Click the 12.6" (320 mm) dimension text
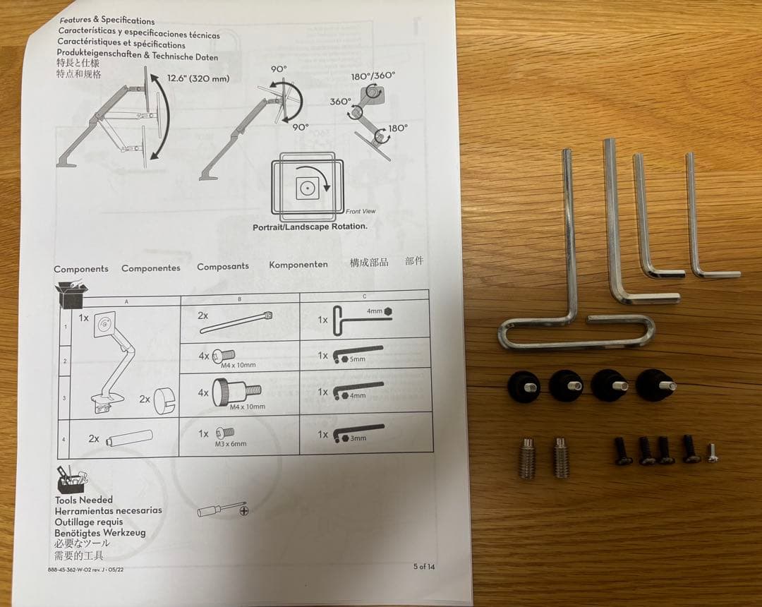click(198, 78)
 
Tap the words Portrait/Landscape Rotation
click(310, 227)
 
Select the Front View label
click(361, 211)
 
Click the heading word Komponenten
click(298, 265)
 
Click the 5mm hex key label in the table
click(358, 359)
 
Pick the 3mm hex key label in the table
click(358, 438)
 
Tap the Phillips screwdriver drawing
click(222, 509)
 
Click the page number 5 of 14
click(424, 566)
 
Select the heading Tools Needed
click(83, 500)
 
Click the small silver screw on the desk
click(712, 452)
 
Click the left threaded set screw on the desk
click(527, 457)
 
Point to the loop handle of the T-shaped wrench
click(575, 333)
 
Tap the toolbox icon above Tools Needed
click(72, 479)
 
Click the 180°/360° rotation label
click(373, 76)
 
